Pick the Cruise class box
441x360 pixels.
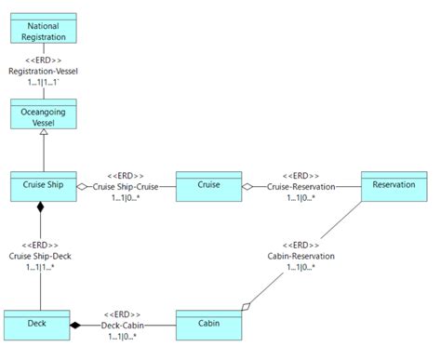208,185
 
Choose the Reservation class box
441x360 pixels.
394,184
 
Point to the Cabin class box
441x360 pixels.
208,325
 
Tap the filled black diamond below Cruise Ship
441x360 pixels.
40,207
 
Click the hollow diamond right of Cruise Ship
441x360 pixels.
82,186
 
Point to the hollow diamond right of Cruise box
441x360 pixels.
247,186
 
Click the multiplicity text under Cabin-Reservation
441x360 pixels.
300,267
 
